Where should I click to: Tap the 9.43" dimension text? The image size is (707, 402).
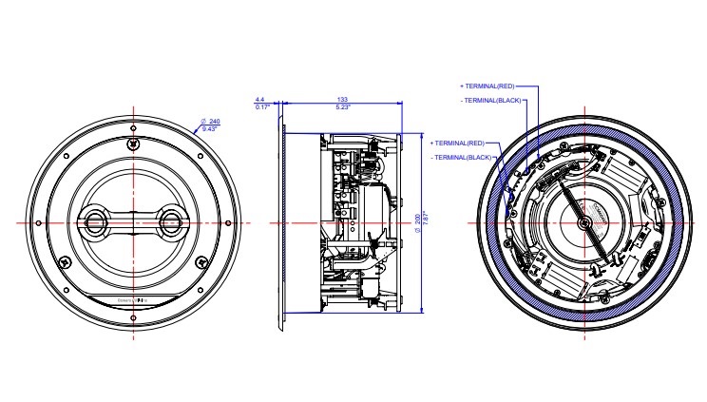tap(210, 129)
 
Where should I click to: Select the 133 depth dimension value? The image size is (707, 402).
tap(341, 99)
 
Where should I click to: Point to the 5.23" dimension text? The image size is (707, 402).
tap(341, 107)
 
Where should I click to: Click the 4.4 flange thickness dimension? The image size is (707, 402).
tap(259, 99)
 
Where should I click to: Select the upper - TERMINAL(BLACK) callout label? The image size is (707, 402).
tap(489, 99)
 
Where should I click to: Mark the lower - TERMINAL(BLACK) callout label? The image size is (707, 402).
tap(461, 156)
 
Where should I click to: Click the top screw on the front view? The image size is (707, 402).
tap(134, 143)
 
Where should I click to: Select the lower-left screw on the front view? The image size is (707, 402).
tap(65, 262)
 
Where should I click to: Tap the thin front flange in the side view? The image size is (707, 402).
tap(281, 228)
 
